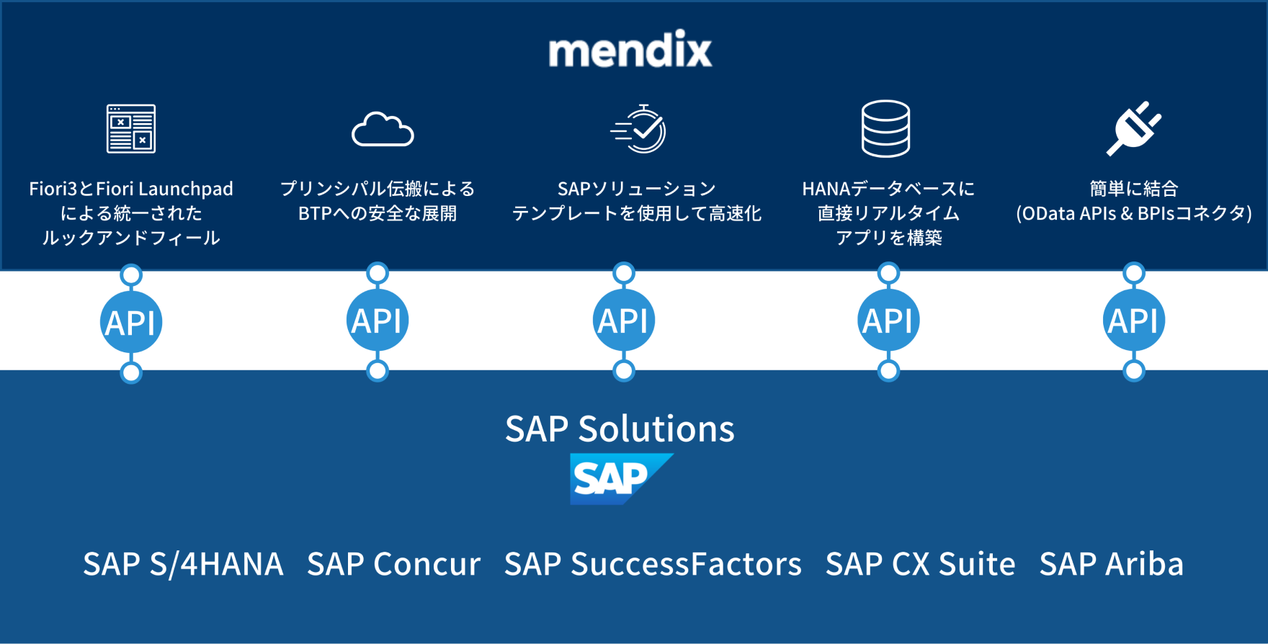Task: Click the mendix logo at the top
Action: [630, 50]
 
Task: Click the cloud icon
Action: [383, 130]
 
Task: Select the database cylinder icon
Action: [885, 129]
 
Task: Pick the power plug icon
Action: [1133, 128]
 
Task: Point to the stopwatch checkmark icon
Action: [640, 129]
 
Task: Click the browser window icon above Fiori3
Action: [131, 129]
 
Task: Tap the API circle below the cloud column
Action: [378, 321]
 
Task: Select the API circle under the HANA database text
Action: [888, 321]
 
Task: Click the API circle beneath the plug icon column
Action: [1134, 321]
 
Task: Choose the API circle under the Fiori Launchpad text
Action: [131, 323]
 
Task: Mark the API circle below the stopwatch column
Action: [624, 321]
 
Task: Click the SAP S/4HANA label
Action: [183, 564]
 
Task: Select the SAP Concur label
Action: [393, 564]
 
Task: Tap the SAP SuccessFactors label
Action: [653, 564]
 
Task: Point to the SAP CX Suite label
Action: [920, 564]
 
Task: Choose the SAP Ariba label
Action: [1111, 564]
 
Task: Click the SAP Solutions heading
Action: [620, 429]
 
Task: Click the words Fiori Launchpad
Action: [164, 189]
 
